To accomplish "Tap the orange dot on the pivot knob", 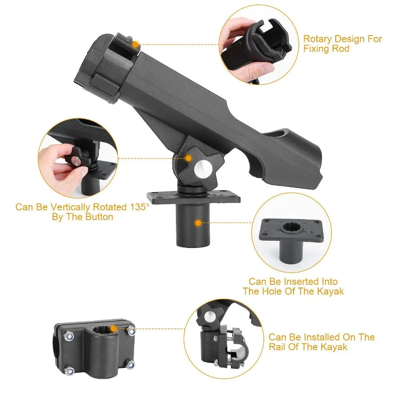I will click(189, 158).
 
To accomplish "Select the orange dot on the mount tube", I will click(197, 222).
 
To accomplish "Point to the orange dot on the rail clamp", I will click(114, 328).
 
